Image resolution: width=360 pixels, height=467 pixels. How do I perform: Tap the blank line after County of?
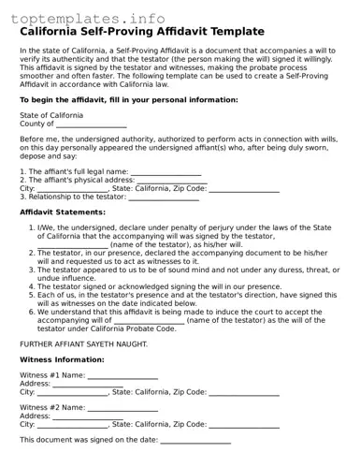coord(91,124)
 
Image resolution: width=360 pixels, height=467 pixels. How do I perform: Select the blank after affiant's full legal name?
coord(166,172)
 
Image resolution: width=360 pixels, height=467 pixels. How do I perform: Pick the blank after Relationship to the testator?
coord(163,197)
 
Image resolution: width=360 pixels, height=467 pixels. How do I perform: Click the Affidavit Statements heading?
coord(63,212)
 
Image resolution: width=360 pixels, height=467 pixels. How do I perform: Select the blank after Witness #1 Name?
coord(122,375)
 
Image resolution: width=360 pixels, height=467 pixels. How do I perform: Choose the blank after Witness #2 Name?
coord(122,408)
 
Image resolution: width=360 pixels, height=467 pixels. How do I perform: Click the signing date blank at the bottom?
coord(195,440)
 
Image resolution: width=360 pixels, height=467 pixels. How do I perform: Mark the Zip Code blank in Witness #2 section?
coord(244,425)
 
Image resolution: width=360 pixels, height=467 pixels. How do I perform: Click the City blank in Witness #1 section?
coord(73,392)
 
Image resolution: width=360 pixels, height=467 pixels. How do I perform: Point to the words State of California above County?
coord(51,115)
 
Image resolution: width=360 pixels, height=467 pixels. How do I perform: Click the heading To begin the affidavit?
coord(129,99)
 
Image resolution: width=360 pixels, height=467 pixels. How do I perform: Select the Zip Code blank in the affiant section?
coord(244,189)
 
